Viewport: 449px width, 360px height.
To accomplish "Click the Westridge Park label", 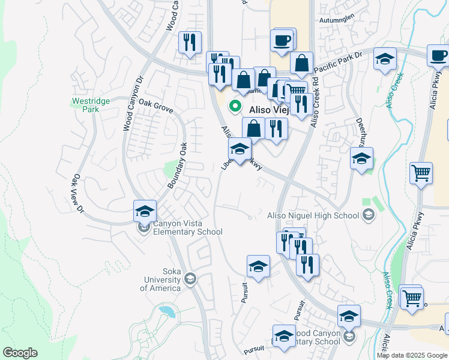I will [x=91, y=106].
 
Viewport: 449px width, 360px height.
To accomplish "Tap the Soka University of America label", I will [x=160, y=280].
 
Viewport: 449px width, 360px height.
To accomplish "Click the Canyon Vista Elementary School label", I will [x=187, y=228].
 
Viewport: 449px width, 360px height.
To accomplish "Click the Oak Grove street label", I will [x=156, y=106].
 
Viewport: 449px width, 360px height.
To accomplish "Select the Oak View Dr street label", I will [x=78, y=194].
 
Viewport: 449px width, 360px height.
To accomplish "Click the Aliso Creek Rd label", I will [x=314, y=102].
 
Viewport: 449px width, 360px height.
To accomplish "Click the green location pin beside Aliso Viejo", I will [x=236, y=108].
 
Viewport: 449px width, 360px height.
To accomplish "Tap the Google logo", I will [x=20, y=353].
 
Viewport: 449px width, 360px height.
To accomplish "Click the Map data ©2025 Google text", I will [x=412, y=355].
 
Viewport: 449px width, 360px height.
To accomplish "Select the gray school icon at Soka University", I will [x=190, y=278].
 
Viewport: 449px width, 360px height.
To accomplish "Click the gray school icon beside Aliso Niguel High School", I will [x=368, y=215].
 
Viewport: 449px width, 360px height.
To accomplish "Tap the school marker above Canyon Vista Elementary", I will [x=145, y=211].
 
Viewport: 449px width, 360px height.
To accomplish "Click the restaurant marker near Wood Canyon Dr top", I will [x=190, y=42].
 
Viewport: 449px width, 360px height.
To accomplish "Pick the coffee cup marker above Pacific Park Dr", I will [x=282, y=40].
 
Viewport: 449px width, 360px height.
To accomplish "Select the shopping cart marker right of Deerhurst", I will [x=421, y=173].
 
